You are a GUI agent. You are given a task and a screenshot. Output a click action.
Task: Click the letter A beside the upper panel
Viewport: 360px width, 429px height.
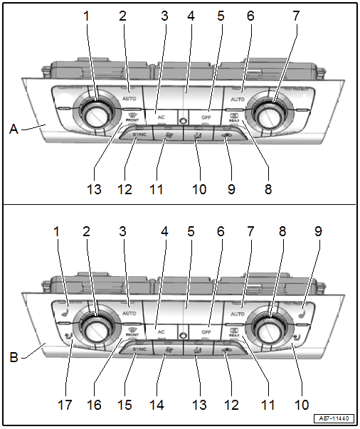13,129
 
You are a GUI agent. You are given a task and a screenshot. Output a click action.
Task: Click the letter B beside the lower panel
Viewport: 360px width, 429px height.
13,350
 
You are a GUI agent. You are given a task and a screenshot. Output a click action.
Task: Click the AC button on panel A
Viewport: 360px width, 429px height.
162,115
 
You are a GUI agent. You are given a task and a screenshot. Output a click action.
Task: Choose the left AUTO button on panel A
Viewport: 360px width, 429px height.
129,97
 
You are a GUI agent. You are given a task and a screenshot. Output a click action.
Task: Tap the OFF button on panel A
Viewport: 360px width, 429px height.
206,116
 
